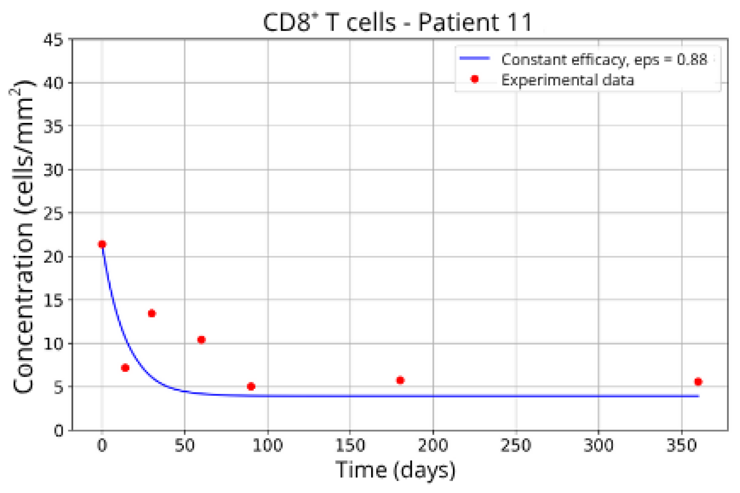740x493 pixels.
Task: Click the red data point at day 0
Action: click(x=102, y=244)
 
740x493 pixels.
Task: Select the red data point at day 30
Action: click(x=152, y=314)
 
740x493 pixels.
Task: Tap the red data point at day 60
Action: click(x=202, y=340)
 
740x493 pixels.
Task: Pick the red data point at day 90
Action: click(x=251, y=387)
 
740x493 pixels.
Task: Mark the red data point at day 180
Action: click(x=400, y=380)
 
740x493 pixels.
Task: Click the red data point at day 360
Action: click(x=698, y=382)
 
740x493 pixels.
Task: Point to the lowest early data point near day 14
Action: click(x=125, y=368)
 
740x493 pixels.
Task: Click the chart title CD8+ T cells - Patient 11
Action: click(x=398, y=22)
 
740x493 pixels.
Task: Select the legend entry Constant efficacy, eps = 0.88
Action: click(x=604, y=60)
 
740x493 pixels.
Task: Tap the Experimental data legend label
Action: click(x=567, y=80)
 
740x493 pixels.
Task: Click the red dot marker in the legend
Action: click(x=475, y=79)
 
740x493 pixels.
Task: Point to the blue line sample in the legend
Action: click(x=475, y=58)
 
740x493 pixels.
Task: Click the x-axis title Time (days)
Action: click(x=395, y=470)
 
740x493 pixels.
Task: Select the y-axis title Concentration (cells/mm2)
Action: click(x=22, y=236)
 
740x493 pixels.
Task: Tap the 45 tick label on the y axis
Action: click(x=53, y=40)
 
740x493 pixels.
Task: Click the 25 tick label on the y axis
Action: click(x=53, y=213)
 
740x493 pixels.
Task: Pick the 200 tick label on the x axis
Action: click(x=433, y=446)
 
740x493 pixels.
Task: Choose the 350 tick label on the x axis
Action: click(x=682, y=446)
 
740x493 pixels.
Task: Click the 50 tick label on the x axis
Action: click(x=185, y=446)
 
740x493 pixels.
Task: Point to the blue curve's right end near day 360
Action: click(x=697, y=396)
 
